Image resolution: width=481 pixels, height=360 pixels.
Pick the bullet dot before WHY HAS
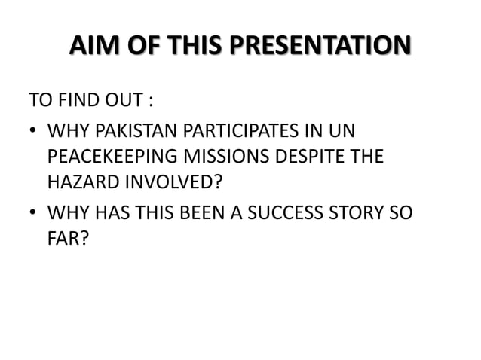[x=33, y=213]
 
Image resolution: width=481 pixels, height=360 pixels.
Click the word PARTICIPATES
[x=239, y=132]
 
